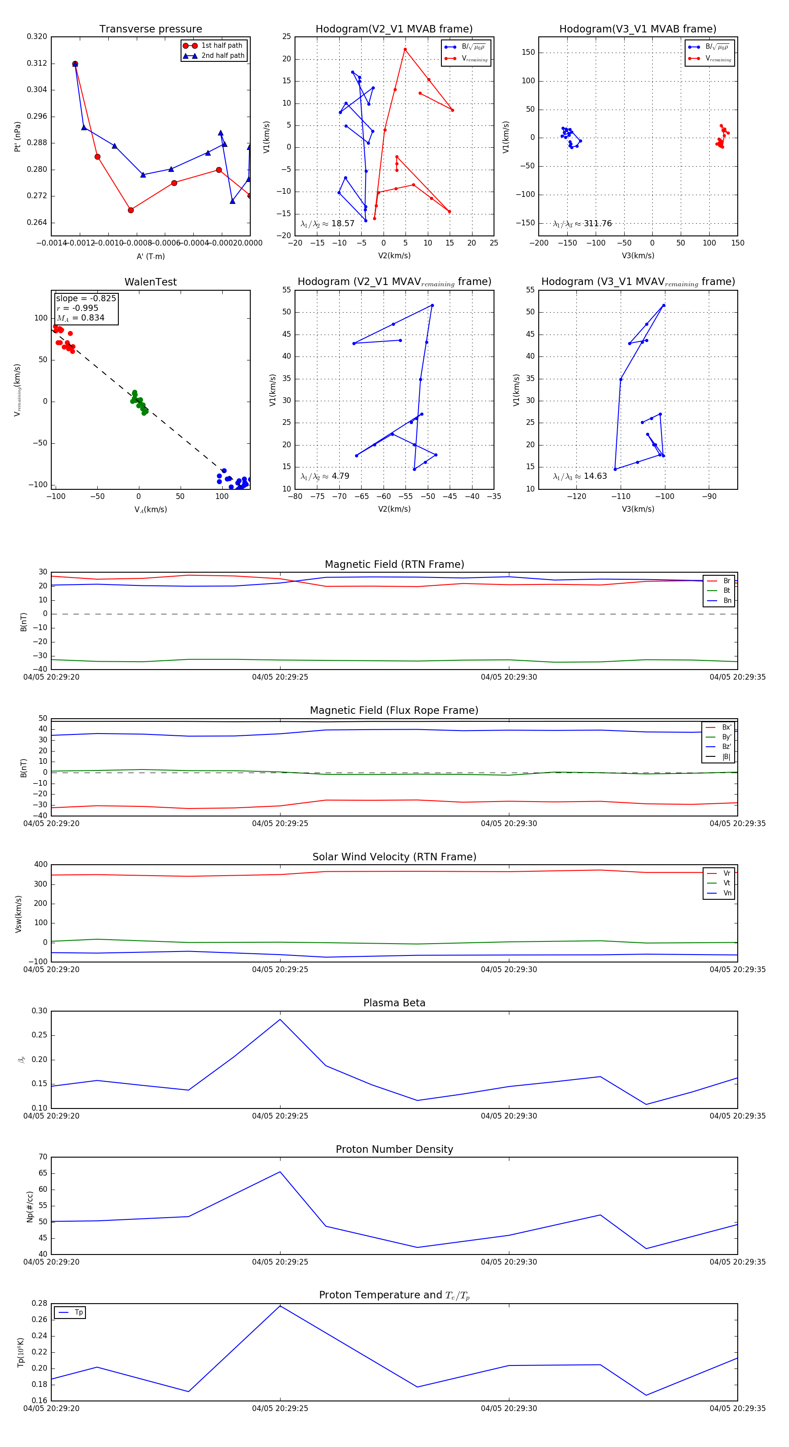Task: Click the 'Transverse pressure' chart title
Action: tap(150, 29)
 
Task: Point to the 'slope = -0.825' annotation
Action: tap(86, 298)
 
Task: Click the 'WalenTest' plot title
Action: tap(150, 282)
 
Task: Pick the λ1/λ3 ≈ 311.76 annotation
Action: tap(583, 224)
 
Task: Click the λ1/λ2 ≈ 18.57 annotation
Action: tap(327, 224)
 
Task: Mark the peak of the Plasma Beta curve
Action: tap(280, 1019)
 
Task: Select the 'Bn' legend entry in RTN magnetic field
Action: tap(727, 600)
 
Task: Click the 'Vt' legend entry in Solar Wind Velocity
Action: tap(727, 883)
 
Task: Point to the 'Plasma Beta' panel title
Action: tap(394, 1003)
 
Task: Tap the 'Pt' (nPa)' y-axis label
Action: tap(18, 136)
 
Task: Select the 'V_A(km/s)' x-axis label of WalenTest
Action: tap(150, 510)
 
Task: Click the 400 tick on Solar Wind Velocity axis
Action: tap(40, 865)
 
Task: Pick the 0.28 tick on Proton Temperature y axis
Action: tap(39, 1303)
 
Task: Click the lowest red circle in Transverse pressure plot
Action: tap(131, 210)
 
